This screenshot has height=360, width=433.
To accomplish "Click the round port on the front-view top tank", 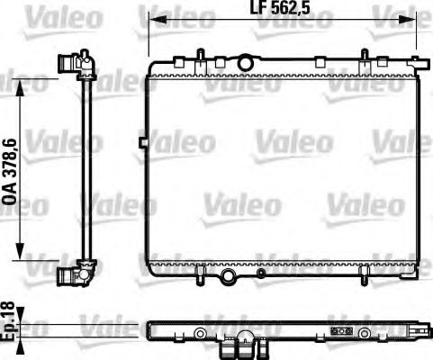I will click(x=245, y=62).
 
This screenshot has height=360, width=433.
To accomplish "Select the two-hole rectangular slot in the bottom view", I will click(x=342, y=330).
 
